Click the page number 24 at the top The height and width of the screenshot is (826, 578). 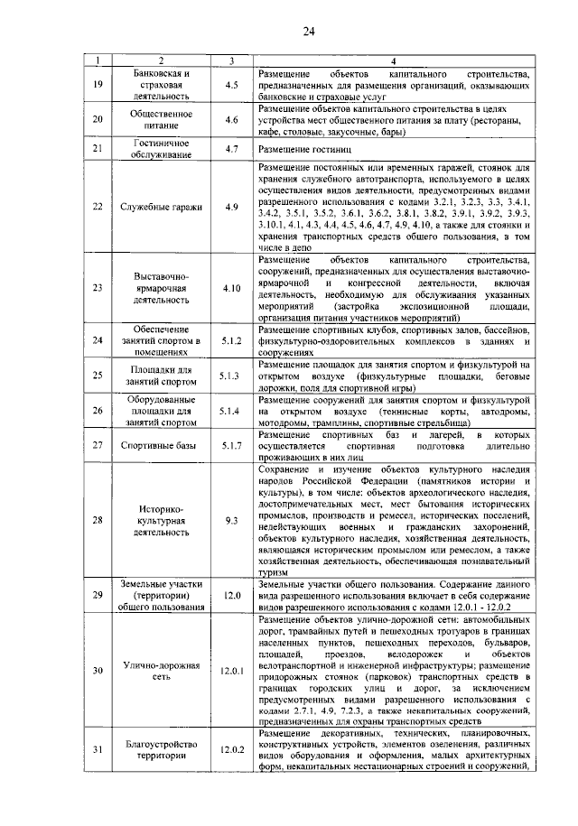(308, 32)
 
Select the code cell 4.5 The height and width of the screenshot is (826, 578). (232, 85)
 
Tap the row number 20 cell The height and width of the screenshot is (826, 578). (98, 119)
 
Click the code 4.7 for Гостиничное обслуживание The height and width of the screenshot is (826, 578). (232, 148)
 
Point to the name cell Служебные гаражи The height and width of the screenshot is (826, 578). (159, 207)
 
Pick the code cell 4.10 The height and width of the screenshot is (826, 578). (232, 288)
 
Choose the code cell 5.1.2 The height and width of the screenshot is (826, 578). (232, 340)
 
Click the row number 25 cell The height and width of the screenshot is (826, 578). (98, 374)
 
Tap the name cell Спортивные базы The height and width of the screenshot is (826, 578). (159, 445)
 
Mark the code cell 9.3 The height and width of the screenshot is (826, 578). (232, 520)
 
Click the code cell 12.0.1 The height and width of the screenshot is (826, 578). (232, 671)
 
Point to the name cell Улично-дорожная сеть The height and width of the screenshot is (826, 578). (159, 671)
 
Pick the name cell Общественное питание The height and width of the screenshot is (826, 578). (159, 119)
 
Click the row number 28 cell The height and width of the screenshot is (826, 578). (98, 520)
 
